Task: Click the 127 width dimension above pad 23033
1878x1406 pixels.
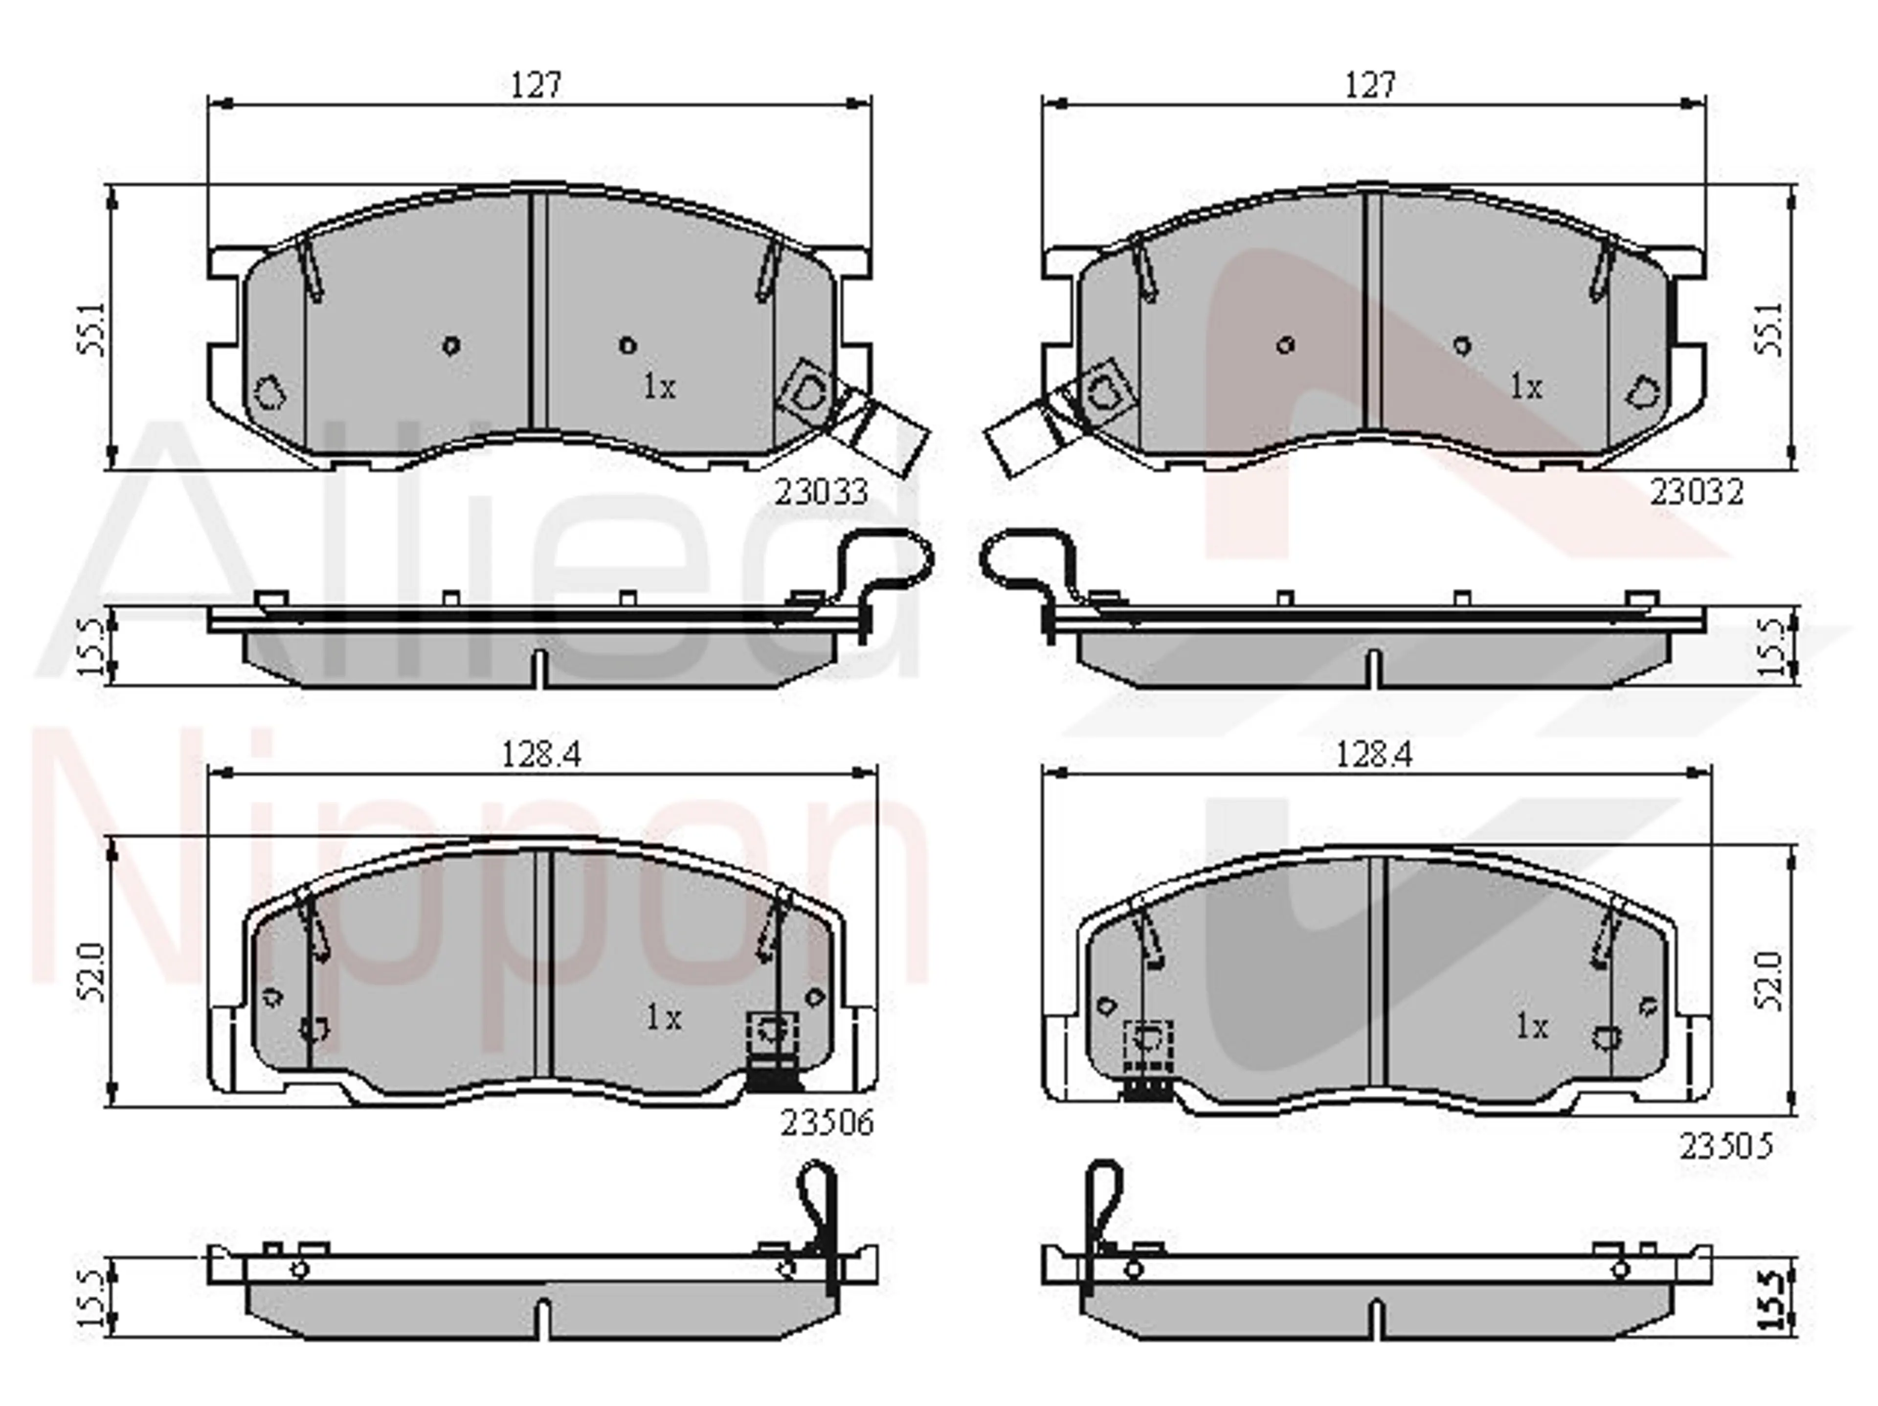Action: pos(537,85)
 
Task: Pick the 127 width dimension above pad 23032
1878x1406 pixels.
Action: pos(1370,85)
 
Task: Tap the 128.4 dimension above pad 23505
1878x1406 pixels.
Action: pos(1375,755)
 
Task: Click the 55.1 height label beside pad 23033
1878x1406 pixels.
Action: pos(91,330)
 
